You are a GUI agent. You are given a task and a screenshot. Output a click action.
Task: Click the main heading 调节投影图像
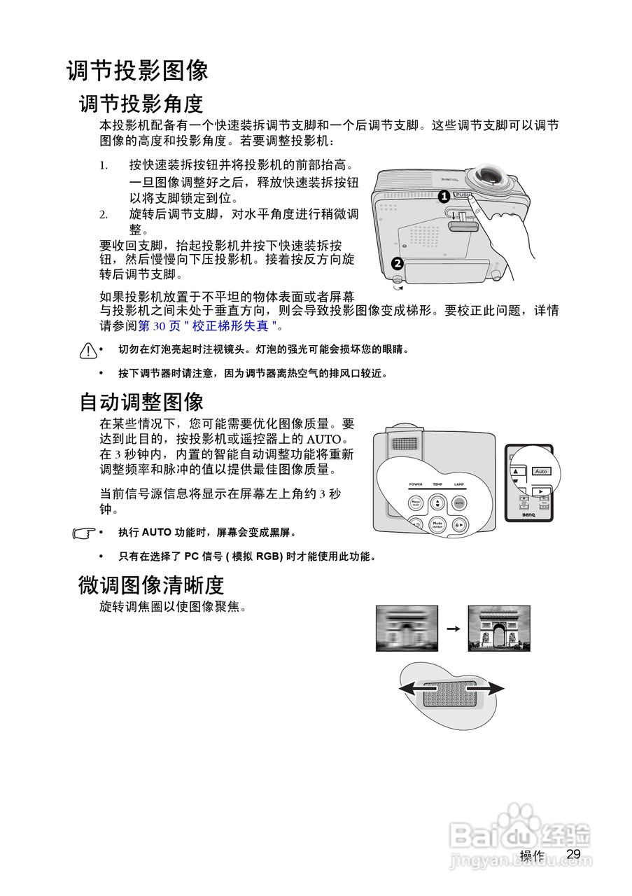pyautogui.click(x=137, y=71)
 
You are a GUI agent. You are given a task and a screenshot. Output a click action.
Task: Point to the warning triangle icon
pyautogui.click(x=87, y=349)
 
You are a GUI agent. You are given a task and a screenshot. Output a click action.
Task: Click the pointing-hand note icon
pyautogui.click(x=84, y=533)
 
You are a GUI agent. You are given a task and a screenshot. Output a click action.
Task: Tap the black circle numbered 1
pyautogui.click(x=443, y=197)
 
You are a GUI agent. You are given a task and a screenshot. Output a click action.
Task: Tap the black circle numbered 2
pyautogui.click(x=397, y=264)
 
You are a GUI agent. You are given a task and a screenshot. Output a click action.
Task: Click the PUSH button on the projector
pyautogui.click(x=463, y=195)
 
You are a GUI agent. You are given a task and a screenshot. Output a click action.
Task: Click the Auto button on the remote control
pyautogui.click(x=541, y=471)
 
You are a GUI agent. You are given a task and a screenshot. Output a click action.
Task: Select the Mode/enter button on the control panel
pyautogui.click(x=437, y=524)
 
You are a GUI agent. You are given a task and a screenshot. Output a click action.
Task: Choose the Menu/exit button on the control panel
pyautogui.click(x=415, y=503)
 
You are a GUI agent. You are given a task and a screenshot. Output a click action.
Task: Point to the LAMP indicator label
pyautogui.click(x=459, y=484)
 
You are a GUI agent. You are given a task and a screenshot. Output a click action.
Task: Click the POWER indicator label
pyautogui.click(x=416, y=484)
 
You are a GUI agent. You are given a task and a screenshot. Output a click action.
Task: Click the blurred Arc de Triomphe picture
pyautogui.click(x=407, y=628)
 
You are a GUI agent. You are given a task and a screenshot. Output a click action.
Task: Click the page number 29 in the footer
pyautogui.click(x=573, y=854)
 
